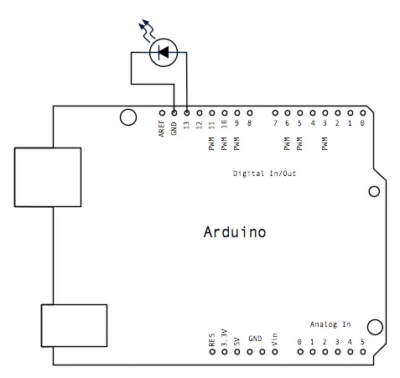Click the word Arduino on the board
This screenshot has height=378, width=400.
[x=235, y=232]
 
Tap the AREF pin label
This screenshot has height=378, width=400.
[x=162, y=128]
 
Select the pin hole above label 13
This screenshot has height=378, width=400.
[x=187, y=113]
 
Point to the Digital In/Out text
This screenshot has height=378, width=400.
[x=264, y=173]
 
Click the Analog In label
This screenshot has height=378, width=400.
[x=330, y=324]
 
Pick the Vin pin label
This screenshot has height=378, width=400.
[x=274, y=339]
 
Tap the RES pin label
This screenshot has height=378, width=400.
[x=212, y=339]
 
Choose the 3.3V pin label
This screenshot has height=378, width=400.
[x=225, y=338]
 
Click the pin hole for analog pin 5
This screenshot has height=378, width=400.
[x=363, y=352]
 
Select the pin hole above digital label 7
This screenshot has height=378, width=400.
[x=275, y=113]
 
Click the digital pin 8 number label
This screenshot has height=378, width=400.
[x=249, y=123]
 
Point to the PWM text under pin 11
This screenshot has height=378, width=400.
[x=211, y=143]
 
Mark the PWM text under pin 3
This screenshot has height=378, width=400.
[x=325, y=143]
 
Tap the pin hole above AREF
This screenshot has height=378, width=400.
[x=162, y=113]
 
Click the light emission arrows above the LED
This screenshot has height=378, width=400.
[x=147, y=30]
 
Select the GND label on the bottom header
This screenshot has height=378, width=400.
[x=255, y=339]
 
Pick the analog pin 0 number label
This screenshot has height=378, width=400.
[x=299, y=342]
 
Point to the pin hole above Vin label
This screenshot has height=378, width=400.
[x=275, y=352]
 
